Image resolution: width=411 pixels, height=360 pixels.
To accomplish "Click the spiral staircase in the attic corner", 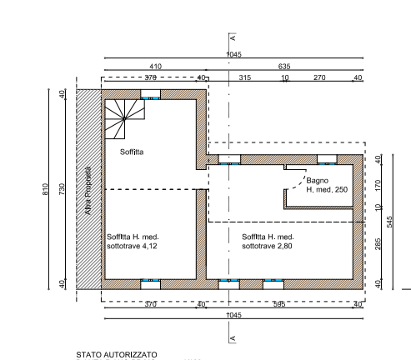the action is pyautogui.click(x=124, y=119).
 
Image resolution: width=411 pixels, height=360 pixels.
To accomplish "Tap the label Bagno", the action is pyautogui.click(x=317, y=181).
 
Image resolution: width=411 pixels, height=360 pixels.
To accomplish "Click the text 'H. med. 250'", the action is pyautogui.click(x=327, y=190).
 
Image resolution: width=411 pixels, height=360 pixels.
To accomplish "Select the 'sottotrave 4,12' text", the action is pyautogui.click(x=132, y=246).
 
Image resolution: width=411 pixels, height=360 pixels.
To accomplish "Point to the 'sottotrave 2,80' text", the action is pyautogui.click(x=267, y=246).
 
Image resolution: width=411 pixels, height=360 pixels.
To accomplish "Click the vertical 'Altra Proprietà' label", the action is pyautogui.click(x=88, y=191).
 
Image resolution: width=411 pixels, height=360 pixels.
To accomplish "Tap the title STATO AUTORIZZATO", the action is pyautogui.click(x=117, y=355).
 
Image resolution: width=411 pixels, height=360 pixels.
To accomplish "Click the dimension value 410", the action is pyautogui.click(x=155, y=67).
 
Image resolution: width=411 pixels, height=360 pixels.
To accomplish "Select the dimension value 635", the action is pyautogui.click(x=284, y=67).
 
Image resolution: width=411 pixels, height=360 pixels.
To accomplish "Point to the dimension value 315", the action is pyautogui.click(x=245, y=77).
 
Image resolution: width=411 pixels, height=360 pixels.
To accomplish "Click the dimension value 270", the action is pyautogui.click(x=319, y=77).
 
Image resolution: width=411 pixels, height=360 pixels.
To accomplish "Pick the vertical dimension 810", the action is pyautogui.click(x=45, y=189).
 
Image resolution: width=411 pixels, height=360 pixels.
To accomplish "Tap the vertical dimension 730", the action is pyautogui.click(x=62, y=189).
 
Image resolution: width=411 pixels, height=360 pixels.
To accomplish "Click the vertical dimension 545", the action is pyautogui.click(x=389, y=222).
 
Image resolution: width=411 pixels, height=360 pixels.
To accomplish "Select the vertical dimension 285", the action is pyautogui.click(x=378, y=244).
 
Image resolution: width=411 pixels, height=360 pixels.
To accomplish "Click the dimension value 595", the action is pyautogui.click(x=279, y=304).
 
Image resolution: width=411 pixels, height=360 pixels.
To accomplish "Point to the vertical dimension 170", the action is pyautogui.click(x=378, y=185).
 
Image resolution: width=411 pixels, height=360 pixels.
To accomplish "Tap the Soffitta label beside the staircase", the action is pyautogui.click(x=132, y=152).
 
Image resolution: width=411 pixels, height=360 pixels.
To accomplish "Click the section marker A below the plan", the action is pyautogui.click(x=233, y=338).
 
